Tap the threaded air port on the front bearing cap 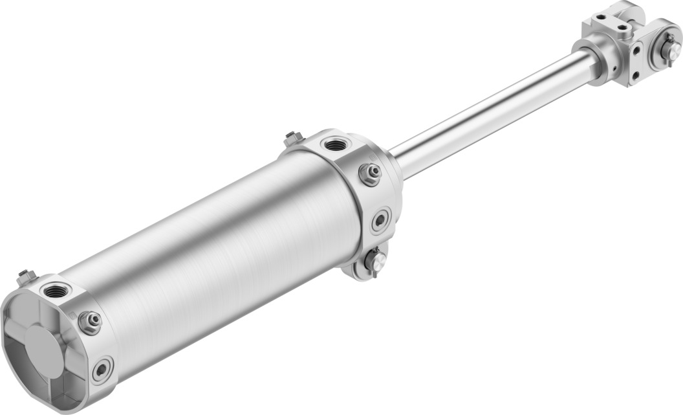tap(335, 144)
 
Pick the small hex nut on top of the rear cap tap(27, 276)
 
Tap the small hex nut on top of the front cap tap(293, 139)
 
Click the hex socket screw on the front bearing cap tap(380, 220)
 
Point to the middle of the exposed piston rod tap(492, 113)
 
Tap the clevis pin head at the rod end tap(669, 46)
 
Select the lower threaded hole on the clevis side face tap(636, 75)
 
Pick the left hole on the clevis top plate tap(601, 17)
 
